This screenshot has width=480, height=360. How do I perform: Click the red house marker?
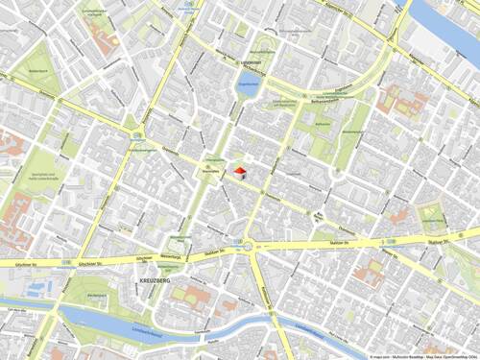[x=240, y=171]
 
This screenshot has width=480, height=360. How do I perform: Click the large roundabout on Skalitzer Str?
[x=252, y=247]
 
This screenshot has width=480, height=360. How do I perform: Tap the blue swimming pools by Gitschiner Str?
[x=38, y=287]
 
